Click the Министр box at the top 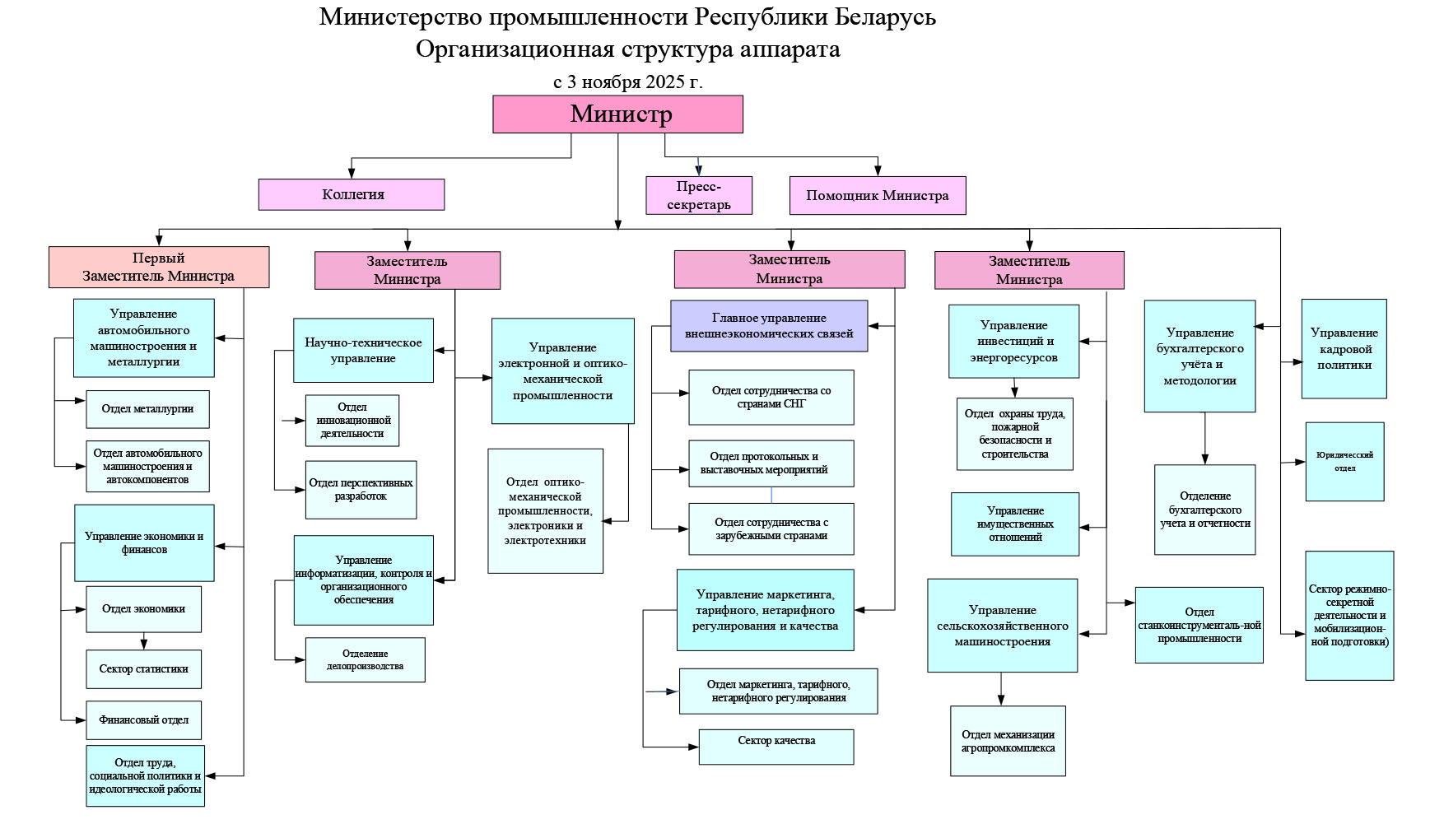[x=617, y=114]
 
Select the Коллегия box [x=352, y=195]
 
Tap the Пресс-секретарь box [x=699, y=196]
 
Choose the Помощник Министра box [x=877, y=196]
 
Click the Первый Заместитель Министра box [x=158, y=268]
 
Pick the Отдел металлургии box [x=147, y=409]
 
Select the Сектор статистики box [x=143, y=669]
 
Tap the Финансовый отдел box [x=143, y=720]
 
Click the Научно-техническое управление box [x=363, y=351]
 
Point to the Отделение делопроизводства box [x=365, y=660]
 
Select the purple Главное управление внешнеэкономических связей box [x=769, y=326]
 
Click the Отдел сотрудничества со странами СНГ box [x=771, y=398]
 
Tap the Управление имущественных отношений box [x=1014, y=524]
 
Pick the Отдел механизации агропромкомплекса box [x=1008, y=741]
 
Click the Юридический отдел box [x=1344, y=462]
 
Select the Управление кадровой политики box [x=1344, y=349]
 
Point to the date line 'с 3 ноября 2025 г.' [x=627, y=81]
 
